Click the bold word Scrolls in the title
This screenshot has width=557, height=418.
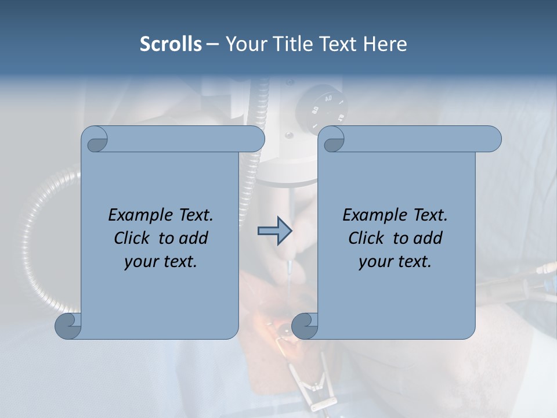(171, 44)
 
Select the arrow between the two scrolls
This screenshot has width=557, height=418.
(274, 232)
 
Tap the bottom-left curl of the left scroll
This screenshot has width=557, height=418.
(68, 326)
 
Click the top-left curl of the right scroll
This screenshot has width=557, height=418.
(333, 139)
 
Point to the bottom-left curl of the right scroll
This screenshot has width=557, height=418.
(305, 326)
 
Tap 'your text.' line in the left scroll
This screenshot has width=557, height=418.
(161, 261)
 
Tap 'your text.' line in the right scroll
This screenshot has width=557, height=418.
(395, 261)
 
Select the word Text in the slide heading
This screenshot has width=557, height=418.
(337, 44)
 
